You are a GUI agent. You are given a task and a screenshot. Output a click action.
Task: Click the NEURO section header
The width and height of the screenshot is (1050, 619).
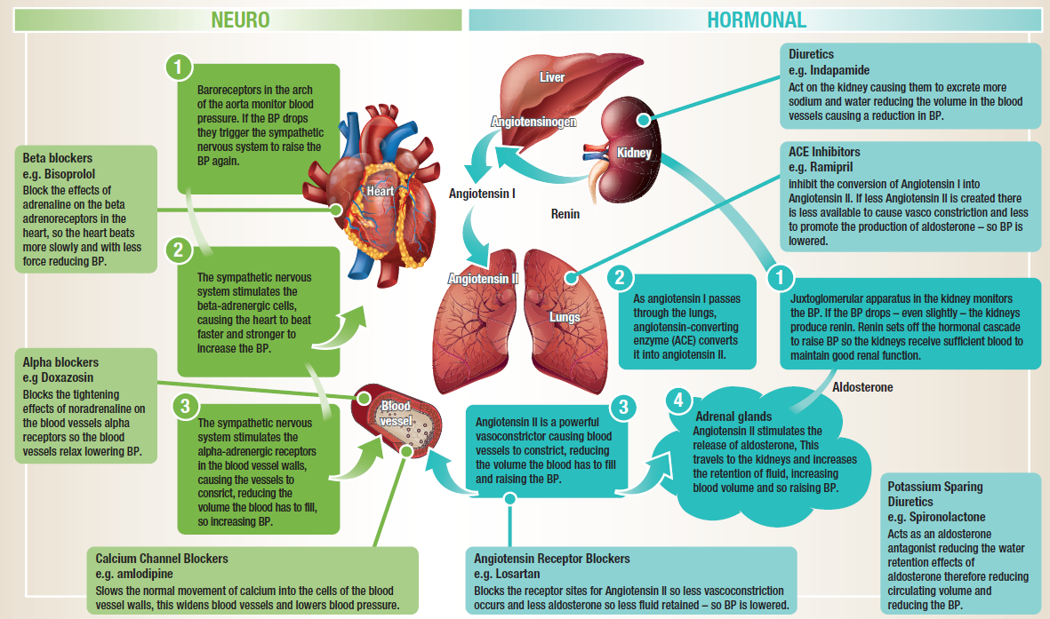coord(240,20)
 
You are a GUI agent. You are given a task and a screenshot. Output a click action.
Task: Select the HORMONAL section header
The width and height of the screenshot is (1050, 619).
coord(757,20)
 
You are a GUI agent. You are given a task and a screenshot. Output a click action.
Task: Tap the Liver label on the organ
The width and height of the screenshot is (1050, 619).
coord(552,77)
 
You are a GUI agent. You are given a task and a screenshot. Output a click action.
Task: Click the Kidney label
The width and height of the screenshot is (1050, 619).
coord(634,153)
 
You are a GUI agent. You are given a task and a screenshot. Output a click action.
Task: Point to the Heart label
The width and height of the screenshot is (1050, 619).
coord(380,191)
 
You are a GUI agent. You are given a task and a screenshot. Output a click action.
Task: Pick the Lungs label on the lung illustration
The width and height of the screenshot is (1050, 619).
coord(565,317)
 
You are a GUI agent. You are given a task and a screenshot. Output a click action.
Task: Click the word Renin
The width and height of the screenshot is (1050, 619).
coord(565,214)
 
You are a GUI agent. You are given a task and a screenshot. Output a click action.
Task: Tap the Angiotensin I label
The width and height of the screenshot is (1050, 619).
coord(483,192)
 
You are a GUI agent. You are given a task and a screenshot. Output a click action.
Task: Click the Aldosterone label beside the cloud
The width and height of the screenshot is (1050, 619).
coord(862,387)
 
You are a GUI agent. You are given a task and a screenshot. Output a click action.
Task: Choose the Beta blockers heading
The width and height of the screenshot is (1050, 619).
coord(58,159)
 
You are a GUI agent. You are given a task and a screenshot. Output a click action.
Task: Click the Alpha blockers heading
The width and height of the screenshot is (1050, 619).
coord(60,362)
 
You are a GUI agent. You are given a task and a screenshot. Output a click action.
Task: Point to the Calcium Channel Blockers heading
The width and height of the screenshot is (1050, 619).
coord(162,559)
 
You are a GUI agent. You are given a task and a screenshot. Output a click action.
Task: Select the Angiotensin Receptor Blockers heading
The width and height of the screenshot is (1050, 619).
coord(551,559)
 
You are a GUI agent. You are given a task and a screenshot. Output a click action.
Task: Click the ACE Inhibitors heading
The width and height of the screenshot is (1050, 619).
coord(824,152)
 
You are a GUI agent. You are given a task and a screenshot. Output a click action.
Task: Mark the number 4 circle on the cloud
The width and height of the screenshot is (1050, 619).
coord(678,401)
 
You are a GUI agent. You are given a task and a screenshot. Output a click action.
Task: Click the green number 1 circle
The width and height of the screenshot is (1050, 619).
coord(180,67)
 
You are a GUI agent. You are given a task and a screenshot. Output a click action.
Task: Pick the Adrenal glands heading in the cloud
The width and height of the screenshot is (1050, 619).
coord(733,416)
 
